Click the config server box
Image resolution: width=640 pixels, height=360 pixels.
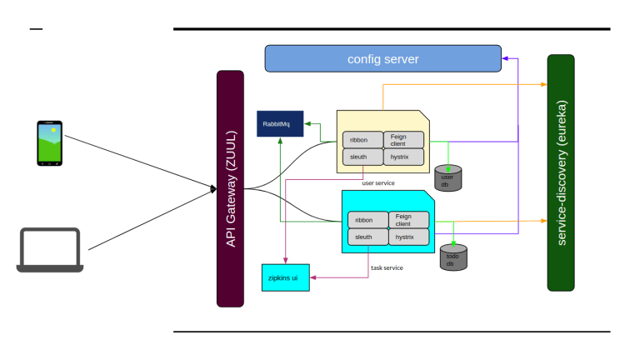point(382,59)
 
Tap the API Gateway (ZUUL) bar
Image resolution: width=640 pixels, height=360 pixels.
point(230,188)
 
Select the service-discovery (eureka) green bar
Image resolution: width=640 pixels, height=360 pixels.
point(561,172)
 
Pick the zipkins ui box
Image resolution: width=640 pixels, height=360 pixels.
point(285,276)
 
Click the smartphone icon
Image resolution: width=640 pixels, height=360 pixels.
point(49,143)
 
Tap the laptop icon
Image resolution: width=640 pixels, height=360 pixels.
point(50,250)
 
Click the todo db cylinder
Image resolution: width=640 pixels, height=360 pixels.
point(452,257)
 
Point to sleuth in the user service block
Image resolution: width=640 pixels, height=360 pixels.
point(361,157)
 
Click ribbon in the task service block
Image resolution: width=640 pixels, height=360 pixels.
point(367,220)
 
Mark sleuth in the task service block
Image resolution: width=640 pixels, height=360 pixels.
point(367,237)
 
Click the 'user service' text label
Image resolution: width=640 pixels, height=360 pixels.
point(378,182)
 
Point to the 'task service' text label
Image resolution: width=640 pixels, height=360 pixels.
point(387,267)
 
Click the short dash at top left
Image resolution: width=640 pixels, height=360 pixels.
point(36,30)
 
